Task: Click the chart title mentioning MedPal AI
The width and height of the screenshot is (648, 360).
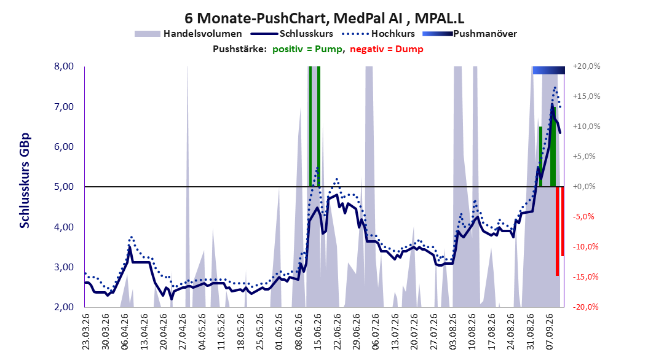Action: pyautogui.click(x=324, y=18)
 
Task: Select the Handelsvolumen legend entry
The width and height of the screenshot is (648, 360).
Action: pyautogui.click(x=189, y=34)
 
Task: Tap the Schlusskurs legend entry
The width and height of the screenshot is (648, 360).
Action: pyautogui.click(x=292, y=34)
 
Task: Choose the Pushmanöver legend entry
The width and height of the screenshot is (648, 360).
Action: pyautogui.click(x=470, y=34)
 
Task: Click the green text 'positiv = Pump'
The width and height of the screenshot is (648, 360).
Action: pyautogui.click(x=307, y=49)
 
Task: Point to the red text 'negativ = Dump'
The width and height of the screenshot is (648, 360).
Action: pyautogui.click(x=387, y=49)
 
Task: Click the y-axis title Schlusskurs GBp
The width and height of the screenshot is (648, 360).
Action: pyautogui.click(x=25, y=181)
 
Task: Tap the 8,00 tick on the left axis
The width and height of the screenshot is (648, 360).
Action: pyautogui.click(x=64, y=66)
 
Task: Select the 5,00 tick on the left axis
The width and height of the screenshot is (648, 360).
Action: pyautogui.click(x=64, y=187)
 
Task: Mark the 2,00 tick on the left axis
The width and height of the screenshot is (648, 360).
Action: pyautogui.click(x=64, y=307)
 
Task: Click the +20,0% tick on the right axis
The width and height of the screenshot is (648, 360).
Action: pyautogui.click(x=587, y=66)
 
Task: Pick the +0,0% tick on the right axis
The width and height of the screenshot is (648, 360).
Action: pyautogui.click(x=584, y=187)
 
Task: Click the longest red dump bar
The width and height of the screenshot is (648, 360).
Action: pyautogui.click(x=557, y=231)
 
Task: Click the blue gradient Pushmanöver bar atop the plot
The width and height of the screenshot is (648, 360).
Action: pyautogui.click(x=549, y=70)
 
